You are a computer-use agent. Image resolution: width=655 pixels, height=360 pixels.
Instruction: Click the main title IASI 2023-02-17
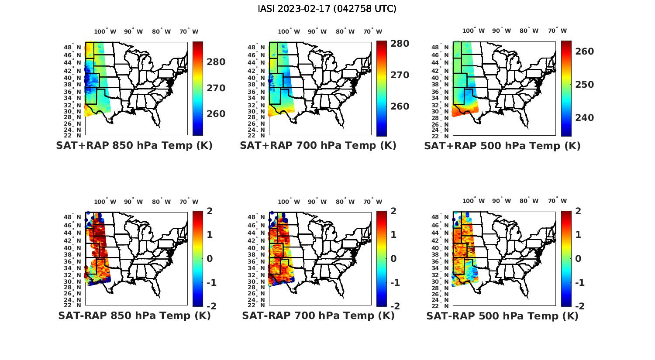click(x=327, y=9)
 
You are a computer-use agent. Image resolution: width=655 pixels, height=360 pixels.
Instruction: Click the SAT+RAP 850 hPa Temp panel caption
click(x=134, y=146)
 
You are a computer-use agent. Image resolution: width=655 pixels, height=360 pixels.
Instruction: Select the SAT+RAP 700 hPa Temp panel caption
click(x=318, y=146)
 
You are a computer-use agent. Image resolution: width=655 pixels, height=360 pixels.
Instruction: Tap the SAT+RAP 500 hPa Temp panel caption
click(x=502, y=146)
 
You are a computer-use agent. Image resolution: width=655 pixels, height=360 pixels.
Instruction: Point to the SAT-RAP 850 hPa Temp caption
click(x=134, y=315)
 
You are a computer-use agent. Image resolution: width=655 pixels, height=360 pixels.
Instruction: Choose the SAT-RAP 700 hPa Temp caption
click(x=318, y=315)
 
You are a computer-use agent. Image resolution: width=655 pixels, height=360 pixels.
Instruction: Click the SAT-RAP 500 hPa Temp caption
click(x=502, y=315)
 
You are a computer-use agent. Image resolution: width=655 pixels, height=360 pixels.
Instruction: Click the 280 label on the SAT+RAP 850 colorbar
click(x=216, y=62)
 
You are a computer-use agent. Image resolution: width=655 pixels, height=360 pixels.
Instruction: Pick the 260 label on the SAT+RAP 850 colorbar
click(x=216, y=114)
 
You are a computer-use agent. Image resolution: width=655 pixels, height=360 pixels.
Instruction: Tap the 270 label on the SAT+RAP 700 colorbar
click(x=400, y=75)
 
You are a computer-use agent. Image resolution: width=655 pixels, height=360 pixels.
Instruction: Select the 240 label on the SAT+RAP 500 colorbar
click(x=585, y=118)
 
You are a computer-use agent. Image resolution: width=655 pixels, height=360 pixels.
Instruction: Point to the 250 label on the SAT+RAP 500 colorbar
click(x=585, y=85)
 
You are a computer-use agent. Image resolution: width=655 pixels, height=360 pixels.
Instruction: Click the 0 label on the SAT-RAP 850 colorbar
click(x=210, y=259)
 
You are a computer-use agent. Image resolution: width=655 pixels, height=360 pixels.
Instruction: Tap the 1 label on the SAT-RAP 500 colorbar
click(x=578, y=235)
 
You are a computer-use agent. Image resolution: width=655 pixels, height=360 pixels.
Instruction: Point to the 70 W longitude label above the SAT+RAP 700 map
click(x=373, y=31)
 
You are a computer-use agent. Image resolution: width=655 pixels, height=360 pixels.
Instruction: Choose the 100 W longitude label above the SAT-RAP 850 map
click(x=105, y=202)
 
